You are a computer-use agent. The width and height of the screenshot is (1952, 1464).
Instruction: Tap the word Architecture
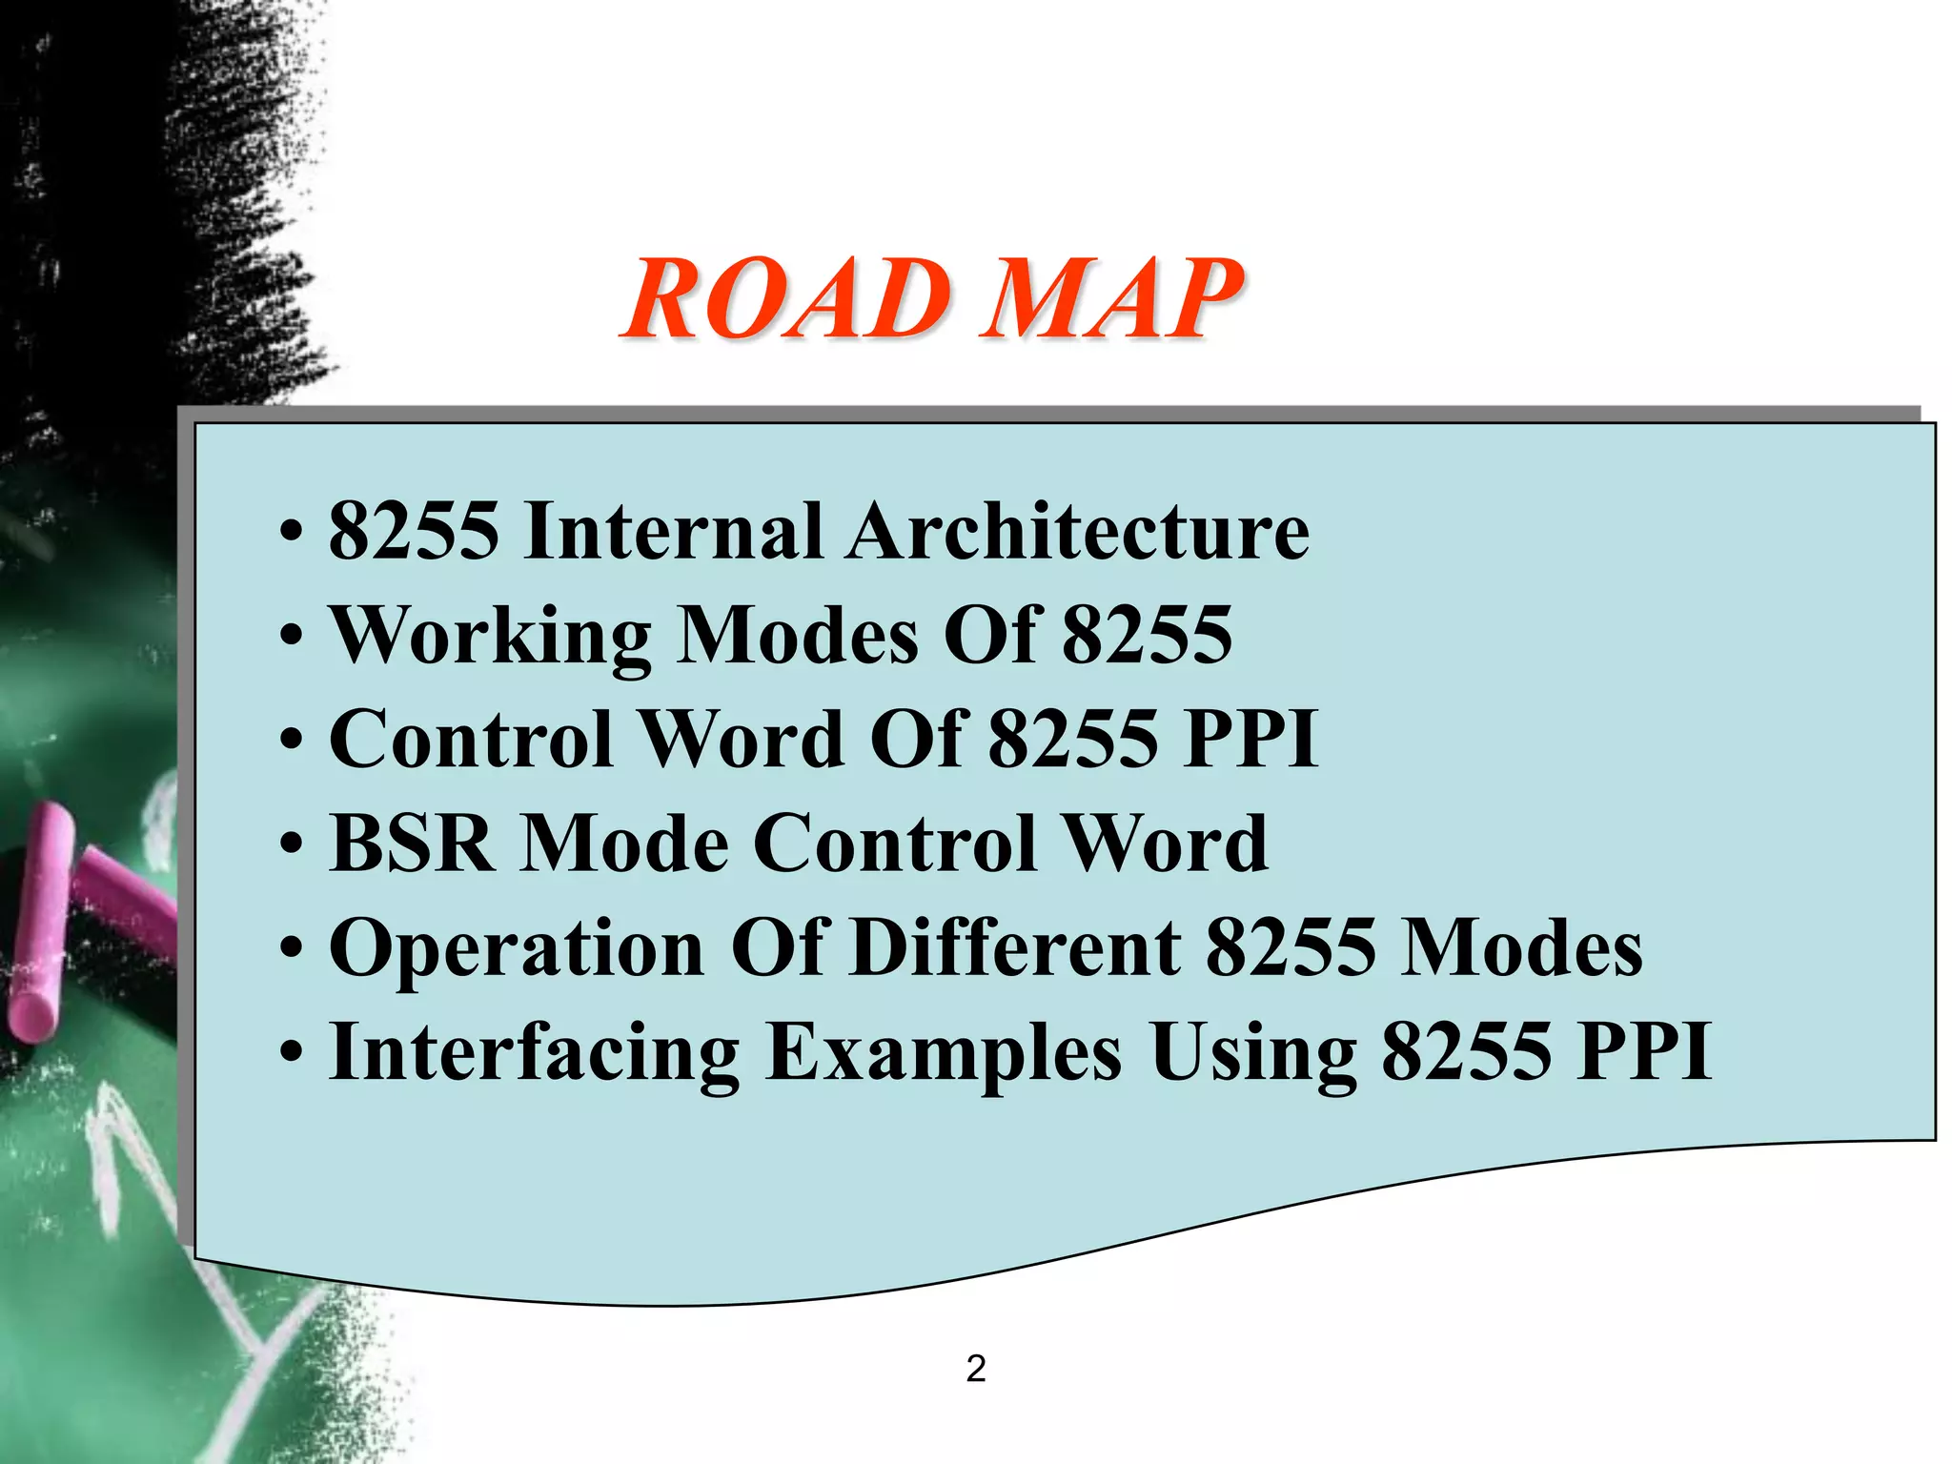1078,531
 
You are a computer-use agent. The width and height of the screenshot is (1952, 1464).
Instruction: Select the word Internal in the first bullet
673,531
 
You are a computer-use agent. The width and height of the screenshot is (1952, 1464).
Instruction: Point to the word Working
490,637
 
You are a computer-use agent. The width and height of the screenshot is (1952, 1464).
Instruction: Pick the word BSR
412,844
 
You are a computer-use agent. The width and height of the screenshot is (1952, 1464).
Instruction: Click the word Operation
517,949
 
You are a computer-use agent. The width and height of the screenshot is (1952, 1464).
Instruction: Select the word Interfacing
534,1053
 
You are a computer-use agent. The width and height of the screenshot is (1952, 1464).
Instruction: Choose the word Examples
944,1053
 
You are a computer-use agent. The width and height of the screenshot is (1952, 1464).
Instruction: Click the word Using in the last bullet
1253,1053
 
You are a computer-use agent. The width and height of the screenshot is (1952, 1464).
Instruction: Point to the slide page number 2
975,1369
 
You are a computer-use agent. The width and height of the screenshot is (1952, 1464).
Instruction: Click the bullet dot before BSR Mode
293,845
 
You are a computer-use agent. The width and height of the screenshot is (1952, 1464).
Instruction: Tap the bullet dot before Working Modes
293,637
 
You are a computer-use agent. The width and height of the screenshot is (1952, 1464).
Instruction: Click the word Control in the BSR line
896,844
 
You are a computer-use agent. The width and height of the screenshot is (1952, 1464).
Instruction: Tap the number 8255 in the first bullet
414,531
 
